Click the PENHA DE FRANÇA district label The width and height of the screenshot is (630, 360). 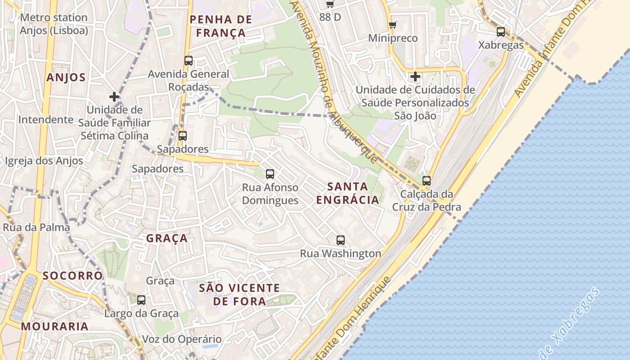tap(220, 26)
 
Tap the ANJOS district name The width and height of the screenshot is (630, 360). tap(66, 77)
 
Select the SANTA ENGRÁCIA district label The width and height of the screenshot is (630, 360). tap(347, 193)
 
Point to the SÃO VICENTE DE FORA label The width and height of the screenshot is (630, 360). tap(239, 294)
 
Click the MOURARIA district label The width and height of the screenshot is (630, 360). tap(54, 326)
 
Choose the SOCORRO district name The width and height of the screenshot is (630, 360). tap(72, 275)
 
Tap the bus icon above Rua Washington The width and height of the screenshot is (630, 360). tap(341, 240)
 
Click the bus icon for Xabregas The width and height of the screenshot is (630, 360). tap(500, 32)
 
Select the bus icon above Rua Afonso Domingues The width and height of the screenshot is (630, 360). tap(270, 174)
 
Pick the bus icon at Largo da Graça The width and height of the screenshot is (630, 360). tap(141, 300)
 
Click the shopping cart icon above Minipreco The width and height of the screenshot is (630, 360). tap(393, 25)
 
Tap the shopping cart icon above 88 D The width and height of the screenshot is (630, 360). tap(330, 4)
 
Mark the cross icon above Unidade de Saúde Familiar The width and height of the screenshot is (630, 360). tap(114, 96)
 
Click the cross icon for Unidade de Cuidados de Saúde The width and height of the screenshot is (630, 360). tap(415, 76)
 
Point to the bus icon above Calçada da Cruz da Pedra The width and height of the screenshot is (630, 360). tap(426, 181)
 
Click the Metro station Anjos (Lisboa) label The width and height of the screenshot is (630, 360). tap(54, 24)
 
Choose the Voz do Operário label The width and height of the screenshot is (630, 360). tap(182, 339)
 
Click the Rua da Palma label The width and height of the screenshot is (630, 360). tap(36, 227)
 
